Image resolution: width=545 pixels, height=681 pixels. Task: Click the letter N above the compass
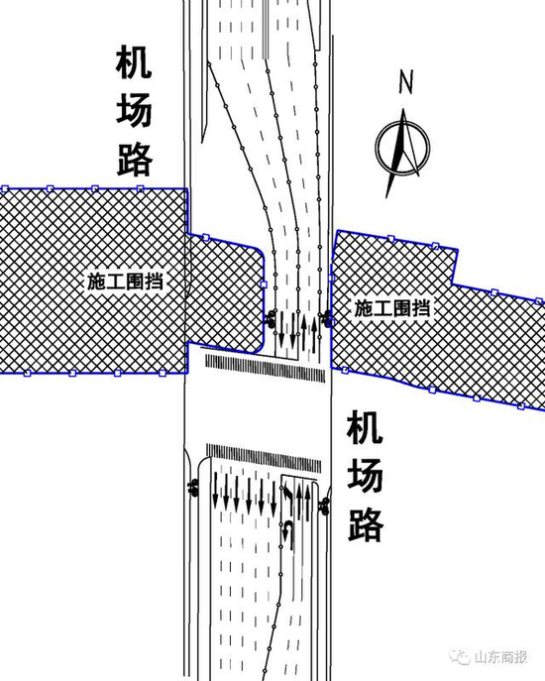405,81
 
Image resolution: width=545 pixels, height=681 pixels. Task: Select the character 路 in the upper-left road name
135,160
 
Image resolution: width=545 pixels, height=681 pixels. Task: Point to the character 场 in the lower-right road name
365,476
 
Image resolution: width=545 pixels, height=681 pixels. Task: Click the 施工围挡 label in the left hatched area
125,282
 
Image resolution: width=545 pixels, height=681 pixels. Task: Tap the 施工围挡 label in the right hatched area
392,308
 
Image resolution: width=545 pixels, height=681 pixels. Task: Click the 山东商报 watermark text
500,656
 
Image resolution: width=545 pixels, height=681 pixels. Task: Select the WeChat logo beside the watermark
461,656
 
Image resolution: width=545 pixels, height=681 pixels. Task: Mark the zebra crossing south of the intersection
264,458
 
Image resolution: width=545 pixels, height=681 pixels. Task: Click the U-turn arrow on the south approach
285,535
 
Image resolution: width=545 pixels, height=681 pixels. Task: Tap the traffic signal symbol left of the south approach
193,487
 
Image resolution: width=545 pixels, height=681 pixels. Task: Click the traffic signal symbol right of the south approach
324,506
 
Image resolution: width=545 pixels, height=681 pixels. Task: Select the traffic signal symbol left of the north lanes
271,318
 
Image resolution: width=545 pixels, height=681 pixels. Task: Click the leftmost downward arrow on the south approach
215,491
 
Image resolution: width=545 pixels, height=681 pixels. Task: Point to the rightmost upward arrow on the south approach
308,501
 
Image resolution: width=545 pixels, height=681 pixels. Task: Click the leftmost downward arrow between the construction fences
281,329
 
